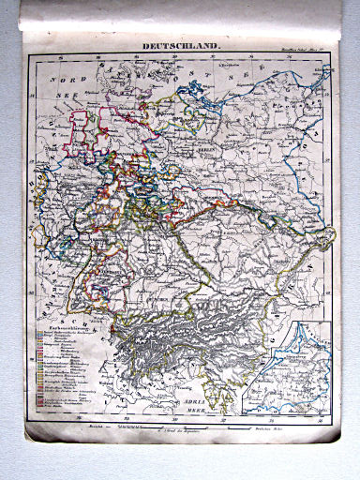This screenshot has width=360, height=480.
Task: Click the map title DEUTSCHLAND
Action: click(182, 45)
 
